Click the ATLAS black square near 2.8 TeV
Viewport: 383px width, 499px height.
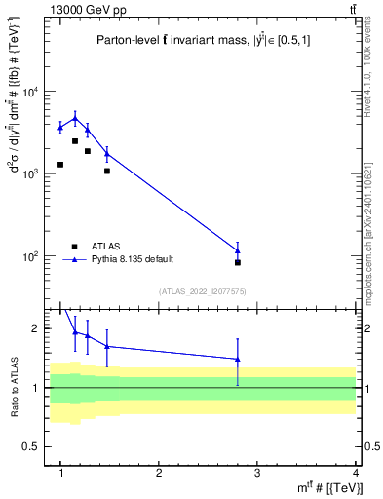[238, 262]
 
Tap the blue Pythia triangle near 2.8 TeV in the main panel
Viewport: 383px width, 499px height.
[238, 250]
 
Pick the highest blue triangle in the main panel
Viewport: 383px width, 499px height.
[75, 118]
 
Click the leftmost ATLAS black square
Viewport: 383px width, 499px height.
[60, 165]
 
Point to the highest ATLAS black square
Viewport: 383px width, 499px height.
[75, 141]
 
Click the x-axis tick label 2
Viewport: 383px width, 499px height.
[159, 473]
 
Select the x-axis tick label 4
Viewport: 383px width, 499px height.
[356, 473]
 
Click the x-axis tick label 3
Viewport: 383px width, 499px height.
[257, 473]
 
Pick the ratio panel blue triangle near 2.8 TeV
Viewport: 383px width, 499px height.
[238, 359]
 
